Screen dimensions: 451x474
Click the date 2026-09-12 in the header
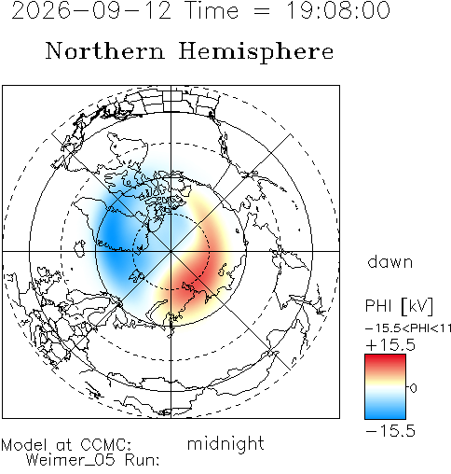click(x=91, y=10)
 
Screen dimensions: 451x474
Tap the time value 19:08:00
click(x=337, y=10)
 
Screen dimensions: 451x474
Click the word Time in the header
click(x=212, y=10)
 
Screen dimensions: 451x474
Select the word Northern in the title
click(x=105, y=50)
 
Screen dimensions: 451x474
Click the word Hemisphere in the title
click(x=256, y=51)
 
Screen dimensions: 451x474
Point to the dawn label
click(x=390, y=262)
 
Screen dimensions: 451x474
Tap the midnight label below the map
click(x=225, y=443)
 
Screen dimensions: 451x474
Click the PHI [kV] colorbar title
click(x=399, y=306)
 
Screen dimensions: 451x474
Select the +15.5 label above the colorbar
click(x=390, y=345)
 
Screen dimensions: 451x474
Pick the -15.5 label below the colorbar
click(x=390, y=431)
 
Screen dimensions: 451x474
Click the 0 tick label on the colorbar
click(x=413, y=388)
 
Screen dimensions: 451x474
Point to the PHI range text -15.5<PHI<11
click(x=408, y=328)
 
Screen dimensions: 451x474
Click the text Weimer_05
click(x=71, y=460)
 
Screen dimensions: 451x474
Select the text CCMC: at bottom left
click(x=106, y=445)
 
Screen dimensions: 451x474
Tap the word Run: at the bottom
click(x=142, y=460)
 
